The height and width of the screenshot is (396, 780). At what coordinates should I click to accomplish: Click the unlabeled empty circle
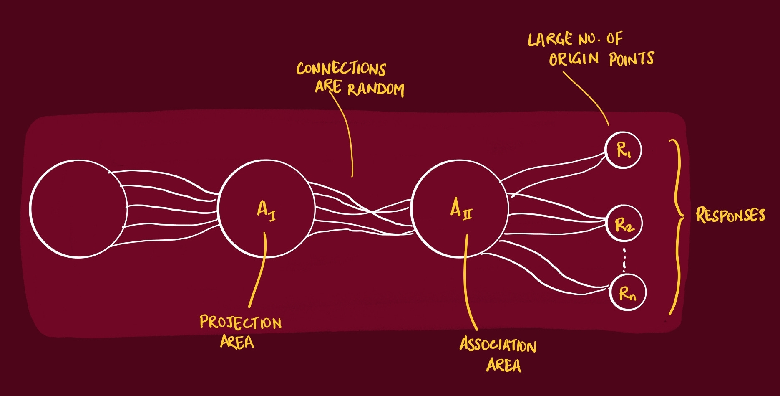click(x=78, y=208)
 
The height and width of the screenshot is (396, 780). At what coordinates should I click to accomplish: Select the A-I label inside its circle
click(x=266, y=210)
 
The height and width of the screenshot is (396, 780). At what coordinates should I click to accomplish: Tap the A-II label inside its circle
click(x=461, y=208)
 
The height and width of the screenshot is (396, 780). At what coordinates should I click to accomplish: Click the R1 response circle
click(x=623, y=150)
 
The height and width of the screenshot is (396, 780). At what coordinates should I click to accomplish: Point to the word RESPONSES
click(x=730, y=215)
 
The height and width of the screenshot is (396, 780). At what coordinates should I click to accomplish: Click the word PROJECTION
click(x=240, y=322)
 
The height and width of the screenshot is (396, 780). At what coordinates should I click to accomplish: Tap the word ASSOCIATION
click(x=498, y=345)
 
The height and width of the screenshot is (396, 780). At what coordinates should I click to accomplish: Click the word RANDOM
click(x=375, y=89)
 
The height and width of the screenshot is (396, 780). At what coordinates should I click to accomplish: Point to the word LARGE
click(x=550, y=40)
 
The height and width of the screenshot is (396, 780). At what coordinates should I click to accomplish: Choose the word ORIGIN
click(x=574, y=59)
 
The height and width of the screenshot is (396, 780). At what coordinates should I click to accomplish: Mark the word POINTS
click(x=631, y=59)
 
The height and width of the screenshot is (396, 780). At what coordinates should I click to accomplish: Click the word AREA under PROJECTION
click(x=237, y=342)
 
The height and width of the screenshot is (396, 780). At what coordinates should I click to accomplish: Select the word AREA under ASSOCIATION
click(x=503, y=365)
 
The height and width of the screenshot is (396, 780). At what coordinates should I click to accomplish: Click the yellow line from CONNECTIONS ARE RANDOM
click(x=347, y=134)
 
